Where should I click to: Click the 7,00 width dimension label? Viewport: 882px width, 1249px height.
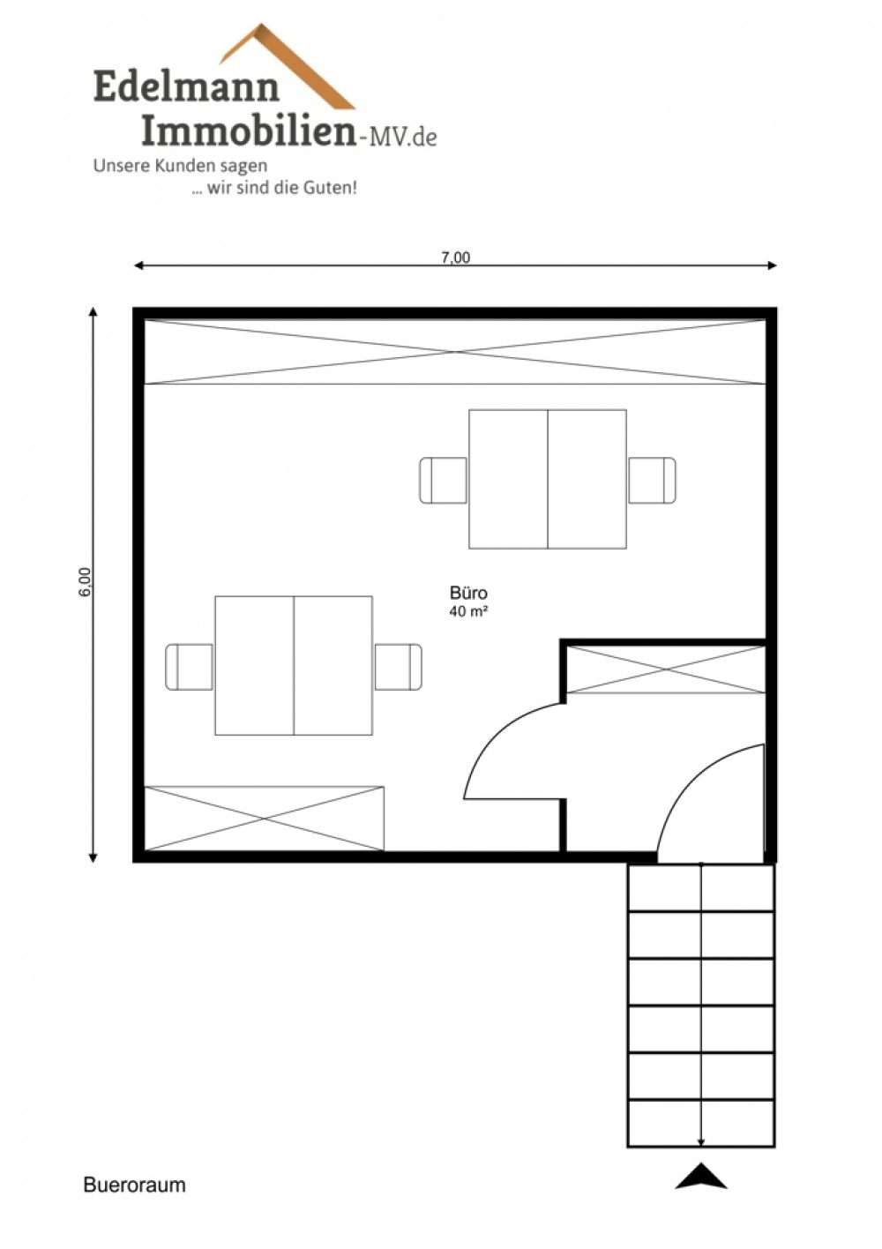click(x=455, y=258)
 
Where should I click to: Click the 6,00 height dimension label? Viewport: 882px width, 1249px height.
click(x=85, y=581)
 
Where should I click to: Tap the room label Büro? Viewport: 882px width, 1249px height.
click(x=468, y=592)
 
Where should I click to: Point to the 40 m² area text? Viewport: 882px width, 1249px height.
click(x=469, y=611)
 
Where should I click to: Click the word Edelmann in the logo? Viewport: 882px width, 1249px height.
click(x=186, y=86)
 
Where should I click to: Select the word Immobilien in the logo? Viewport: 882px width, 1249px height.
click(x=249, y=131)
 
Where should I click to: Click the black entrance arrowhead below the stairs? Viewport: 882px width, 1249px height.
click(x=701, y=1177)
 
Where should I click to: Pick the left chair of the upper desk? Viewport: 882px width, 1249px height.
click(x=444, y=480)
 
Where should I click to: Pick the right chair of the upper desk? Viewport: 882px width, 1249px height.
click(x=653, y=480)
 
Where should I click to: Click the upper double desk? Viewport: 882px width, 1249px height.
click(x=548, y=479)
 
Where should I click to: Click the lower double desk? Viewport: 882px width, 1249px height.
click(x=294, y=665)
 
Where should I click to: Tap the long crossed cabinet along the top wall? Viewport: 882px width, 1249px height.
click(x=454, y=352)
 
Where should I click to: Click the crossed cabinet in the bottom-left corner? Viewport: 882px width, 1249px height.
click(x=265, y=819)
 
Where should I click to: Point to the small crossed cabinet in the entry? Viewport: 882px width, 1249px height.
click(x=666, y=669)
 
